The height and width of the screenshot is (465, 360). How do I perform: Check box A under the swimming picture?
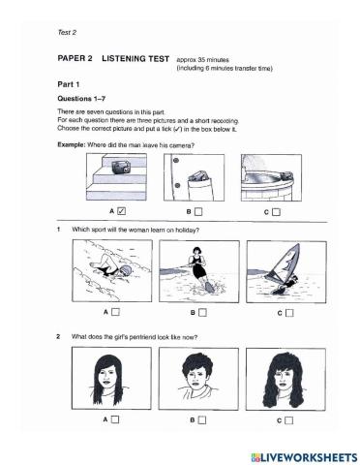[x=115, y=313]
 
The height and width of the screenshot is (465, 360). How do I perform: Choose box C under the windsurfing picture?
[x=287, y=313]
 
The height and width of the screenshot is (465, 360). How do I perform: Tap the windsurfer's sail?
[x=287, y=263]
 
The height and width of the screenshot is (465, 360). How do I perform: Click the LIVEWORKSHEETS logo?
[x=300, y=453]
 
